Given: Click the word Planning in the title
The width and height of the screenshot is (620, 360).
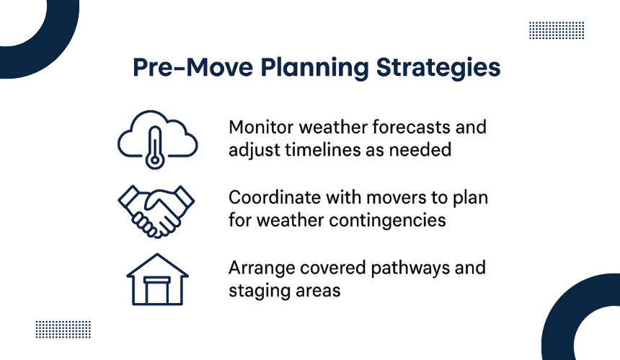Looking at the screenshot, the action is point(314,68).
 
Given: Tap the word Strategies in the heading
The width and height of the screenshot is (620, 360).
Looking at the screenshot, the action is point(438,68).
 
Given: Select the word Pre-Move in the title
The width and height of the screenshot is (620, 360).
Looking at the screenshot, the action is point(192,67).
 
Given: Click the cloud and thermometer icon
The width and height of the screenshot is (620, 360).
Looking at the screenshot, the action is point(157,140).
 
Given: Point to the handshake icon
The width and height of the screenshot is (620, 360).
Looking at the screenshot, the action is point(156,211).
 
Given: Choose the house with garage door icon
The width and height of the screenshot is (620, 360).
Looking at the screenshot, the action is point(157,279).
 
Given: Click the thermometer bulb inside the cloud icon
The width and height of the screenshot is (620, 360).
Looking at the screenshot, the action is point(155,160).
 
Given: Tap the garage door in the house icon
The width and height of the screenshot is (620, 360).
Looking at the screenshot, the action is point(157,291).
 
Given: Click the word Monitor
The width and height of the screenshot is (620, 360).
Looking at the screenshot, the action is point(261,128).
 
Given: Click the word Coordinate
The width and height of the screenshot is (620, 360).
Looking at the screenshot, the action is point(275,198).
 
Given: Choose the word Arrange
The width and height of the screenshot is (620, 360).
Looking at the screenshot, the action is point(262,269).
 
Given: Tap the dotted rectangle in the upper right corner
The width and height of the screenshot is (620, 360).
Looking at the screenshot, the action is point(557,30).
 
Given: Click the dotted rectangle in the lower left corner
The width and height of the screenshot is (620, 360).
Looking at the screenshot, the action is point(63,330).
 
